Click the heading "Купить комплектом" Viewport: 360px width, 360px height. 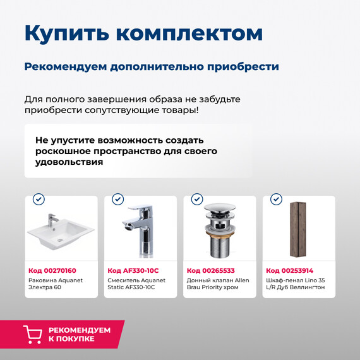pyautogui.click(x=143, y=33)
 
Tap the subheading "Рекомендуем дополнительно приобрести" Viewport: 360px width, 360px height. pyautogui.click(x=152, y=67)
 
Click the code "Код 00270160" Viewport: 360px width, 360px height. pyautogui.click(x=53, y=270)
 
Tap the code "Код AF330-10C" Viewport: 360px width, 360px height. pyautogui.click(x=133, y=270)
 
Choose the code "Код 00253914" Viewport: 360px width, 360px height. pyautogui.click(x=290, y=270)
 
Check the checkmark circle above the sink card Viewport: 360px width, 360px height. pyautogui.click(x=39, y=200)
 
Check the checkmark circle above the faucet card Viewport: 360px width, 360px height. pyautogui.click(x=117, y=200)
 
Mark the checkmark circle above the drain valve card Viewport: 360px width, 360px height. pyautogui.click(x=197, y=200)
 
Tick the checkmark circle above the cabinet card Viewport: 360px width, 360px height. pyautogui.click(x=276, y=200)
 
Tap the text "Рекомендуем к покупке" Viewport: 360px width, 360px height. pyautogui.click(x=79, y=334)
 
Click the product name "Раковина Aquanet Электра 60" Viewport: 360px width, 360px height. pyautogui.click(x=56, y=284)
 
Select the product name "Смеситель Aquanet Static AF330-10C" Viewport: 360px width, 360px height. pyautogui.click(x=136, y=284)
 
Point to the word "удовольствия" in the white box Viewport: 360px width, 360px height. pyautogui.click(x=69, y=162)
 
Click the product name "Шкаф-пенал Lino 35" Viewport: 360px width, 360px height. pyautogui.click(x=296, y=284)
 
